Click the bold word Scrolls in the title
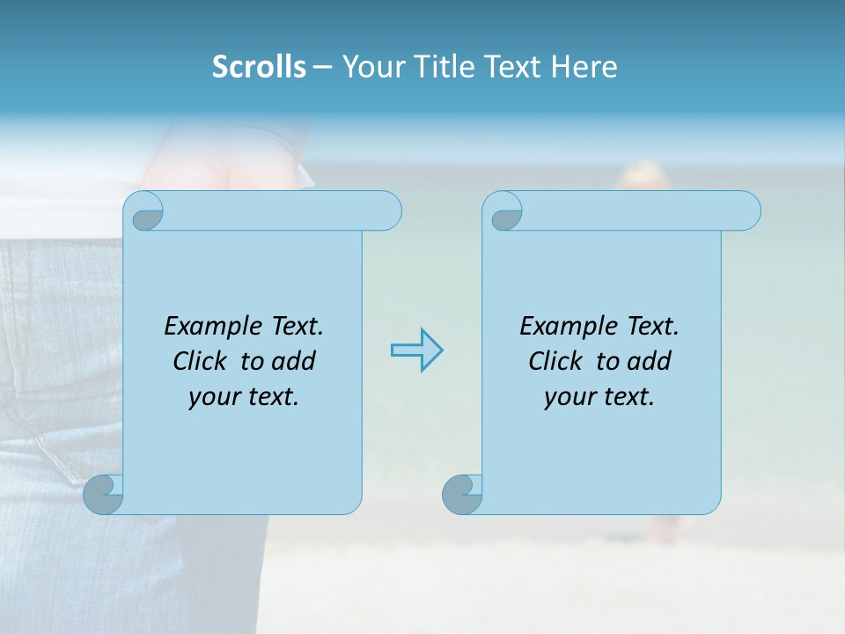pos(260,67)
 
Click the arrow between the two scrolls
pos(416,350)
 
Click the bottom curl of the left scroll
pos(105,494)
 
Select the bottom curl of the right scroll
pos(463,494)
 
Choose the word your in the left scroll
pos(212,397)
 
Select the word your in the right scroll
pos(568,397)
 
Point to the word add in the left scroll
pos(294,361)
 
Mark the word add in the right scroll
pos(650,361)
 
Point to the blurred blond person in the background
pos(644,176)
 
